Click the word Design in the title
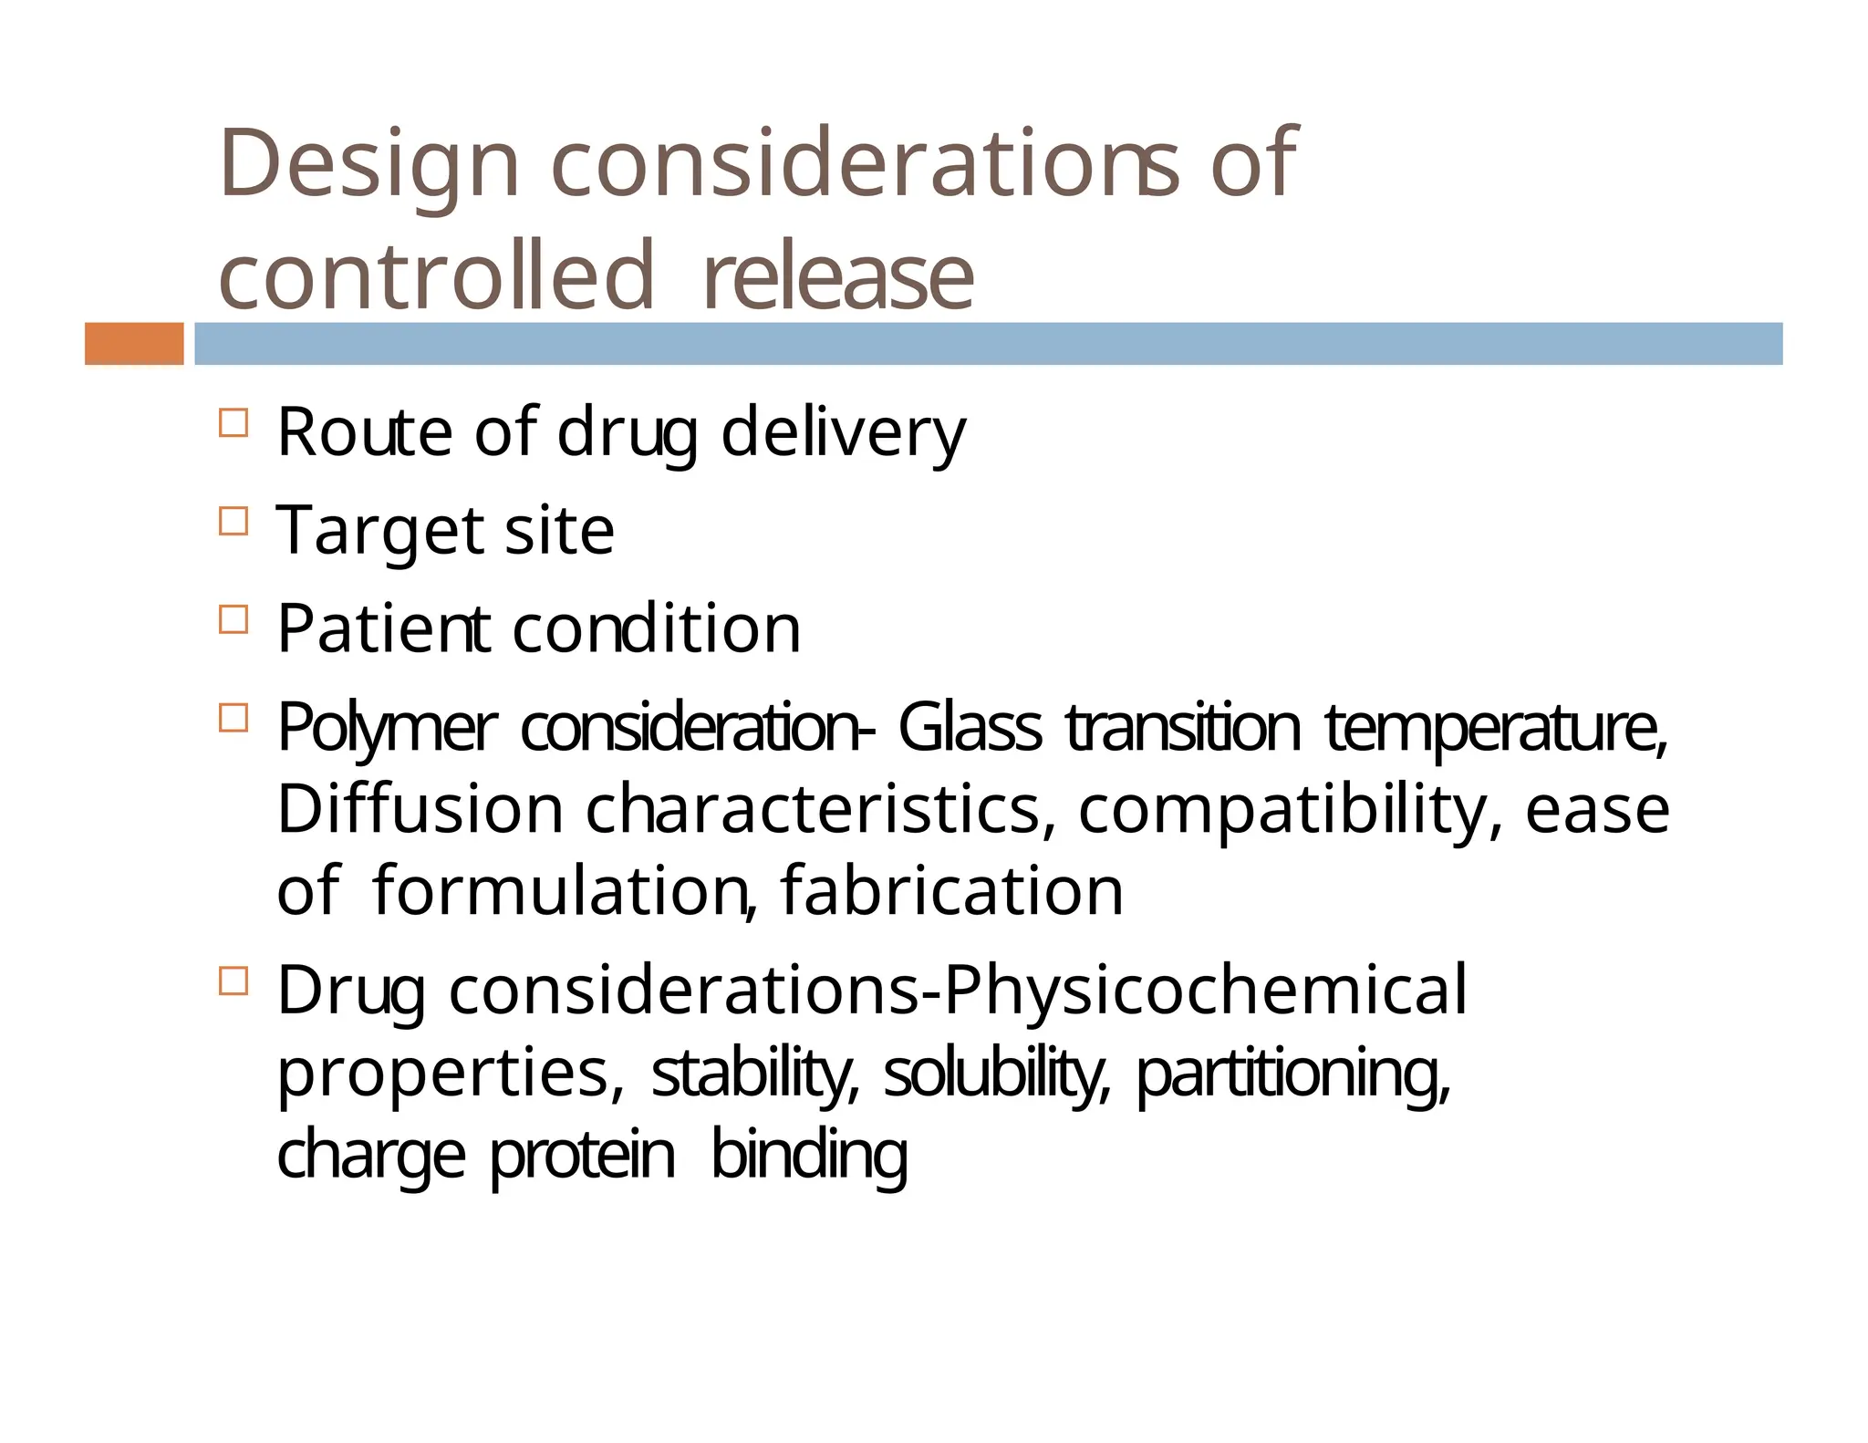tap(368, 164)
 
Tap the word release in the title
tap(838, 275)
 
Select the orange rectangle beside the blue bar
tap(134, 344)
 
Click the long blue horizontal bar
tap(988, 344)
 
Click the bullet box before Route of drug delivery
tap(233, 423)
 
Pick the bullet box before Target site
tap(233, 521)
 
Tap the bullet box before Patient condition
tap(233, 619)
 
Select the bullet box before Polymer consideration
tap(233, 718)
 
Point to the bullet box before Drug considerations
tap(233, 981)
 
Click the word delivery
tap(843, 432)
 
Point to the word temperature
tap(1496, 730)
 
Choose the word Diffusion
tap(420, 809)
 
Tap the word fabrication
tap(951, 891)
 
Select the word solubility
tap(996, 1073)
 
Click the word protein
tap(583, 1156)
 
